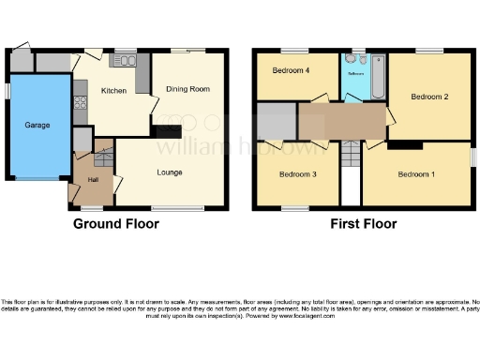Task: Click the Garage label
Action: (x=37, y=125)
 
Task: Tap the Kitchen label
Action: (x=113, y=91)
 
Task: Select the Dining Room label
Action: (x=187, y=89)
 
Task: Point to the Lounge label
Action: (x=170, y=172)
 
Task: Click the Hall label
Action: (x=93, y=178)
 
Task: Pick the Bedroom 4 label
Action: (x=291, y=71)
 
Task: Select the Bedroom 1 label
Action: (x=416, y=174)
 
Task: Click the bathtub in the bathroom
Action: (x=378, y=78)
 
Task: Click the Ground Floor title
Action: (x=116, y=224)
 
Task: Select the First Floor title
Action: (x=363, y=224)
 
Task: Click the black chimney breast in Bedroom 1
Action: (x=406, y=145)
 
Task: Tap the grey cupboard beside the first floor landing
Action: (x=277, y=123)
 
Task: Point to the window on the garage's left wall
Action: (x=6, y=91)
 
